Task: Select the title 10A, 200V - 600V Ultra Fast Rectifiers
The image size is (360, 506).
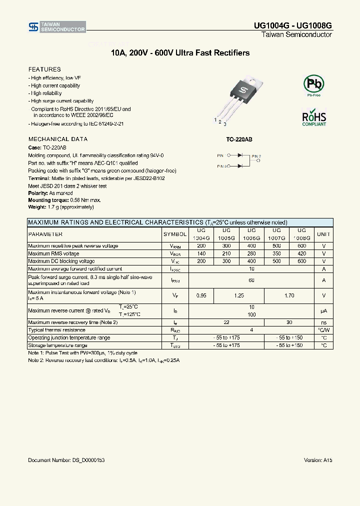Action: click(x=180, y=53)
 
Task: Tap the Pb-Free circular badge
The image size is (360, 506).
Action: click(x=314, y=84)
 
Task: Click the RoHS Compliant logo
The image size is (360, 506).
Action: click(x=314, y=116)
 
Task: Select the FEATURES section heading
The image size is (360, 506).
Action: click(x=44, y=69)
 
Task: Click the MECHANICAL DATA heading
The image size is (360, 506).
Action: click(x=58, y=139)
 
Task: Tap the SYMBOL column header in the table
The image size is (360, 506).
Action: click(x=175, y=234)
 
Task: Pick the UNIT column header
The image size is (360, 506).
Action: click(x=323, y=234)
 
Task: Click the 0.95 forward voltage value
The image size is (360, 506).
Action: click(x=201, y=295)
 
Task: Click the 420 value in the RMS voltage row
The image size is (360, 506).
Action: click(x=301, y=253)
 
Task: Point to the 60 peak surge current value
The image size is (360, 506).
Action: click(x=251, y=280)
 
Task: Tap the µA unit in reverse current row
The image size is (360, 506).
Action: click(x=323, y=311)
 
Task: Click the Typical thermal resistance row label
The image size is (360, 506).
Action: click(x=56, y=330)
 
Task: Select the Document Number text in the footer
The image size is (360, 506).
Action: click(x=66, y=460)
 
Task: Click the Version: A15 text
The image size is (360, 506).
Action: click(x=317, y=460)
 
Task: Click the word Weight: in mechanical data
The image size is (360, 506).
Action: click(x=36, y=207)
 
